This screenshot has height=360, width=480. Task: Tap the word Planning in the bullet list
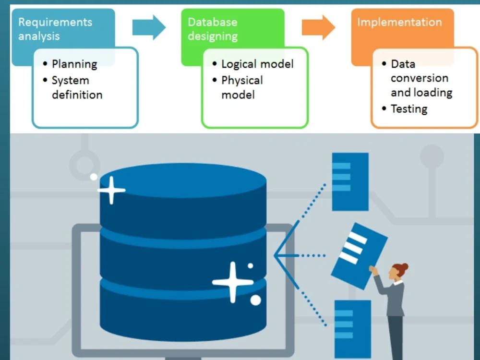pos(74,64)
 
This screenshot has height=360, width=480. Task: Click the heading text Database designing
pos(212,29)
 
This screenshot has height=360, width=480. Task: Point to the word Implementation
pos(399,22)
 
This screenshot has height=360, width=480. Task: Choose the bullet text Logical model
pos(257,64)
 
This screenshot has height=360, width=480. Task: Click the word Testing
pos(409,109)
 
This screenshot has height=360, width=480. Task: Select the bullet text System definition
pos(77,87)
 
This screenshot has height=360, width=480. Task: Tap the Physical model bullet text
pos(242,87)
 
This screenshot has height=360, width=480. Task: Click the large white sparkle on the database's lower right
pos(233,282)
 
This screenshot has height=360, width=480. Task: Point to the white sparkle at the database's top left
pos(111,190)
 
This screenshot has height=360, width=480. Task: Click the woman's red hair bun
pos(404,266)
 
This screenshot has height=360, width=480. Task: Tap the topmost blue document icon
pos(350,181)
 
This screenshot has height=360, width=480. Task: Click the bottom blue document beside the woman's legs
pos(352,329)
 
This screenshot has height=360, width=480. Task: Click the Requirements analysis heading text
pos(55,29)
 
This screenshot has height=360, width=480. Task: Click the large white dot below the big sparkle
pos(255,300)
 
